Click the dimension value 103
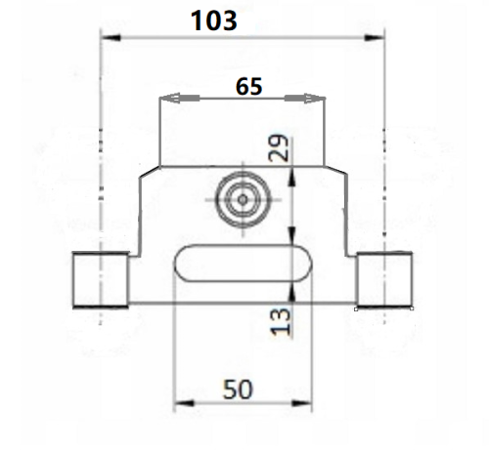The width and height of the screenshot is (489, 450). tap(213, 20)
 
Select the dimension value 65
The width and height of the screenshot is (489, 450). tap(248, 87)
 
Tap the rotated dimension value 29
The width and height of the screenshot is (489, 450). tap(278, 148)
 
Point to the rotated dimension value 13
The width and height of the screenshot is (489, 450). tap(280, 321)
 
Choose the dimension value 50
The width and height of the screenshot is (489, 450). tap(238, 389)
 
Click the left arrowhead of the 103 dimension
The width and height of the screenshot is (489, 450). tap(111, 38)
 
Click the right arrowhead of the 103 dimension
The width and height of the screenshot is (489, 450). tap(375, 38)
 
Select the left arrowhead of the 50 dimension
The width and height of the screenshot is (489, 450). tap(184, 403)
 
